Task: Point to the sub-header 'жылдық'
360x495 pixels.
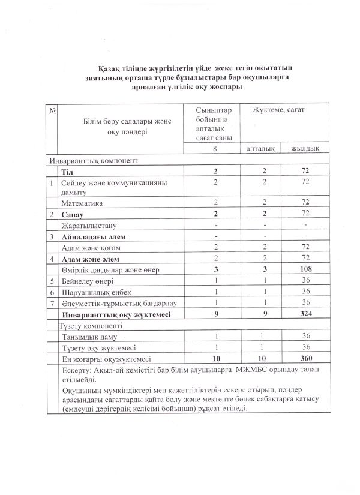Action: [305, 148]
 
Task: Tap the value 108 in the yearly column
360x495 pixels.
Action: [305, 269]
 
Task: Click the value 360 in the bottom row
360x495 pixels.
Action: [305, 358]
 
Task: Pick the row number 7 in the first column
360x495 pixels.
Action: [53, 302]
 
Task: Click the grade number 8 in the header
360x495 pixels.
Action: [214, 148]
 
